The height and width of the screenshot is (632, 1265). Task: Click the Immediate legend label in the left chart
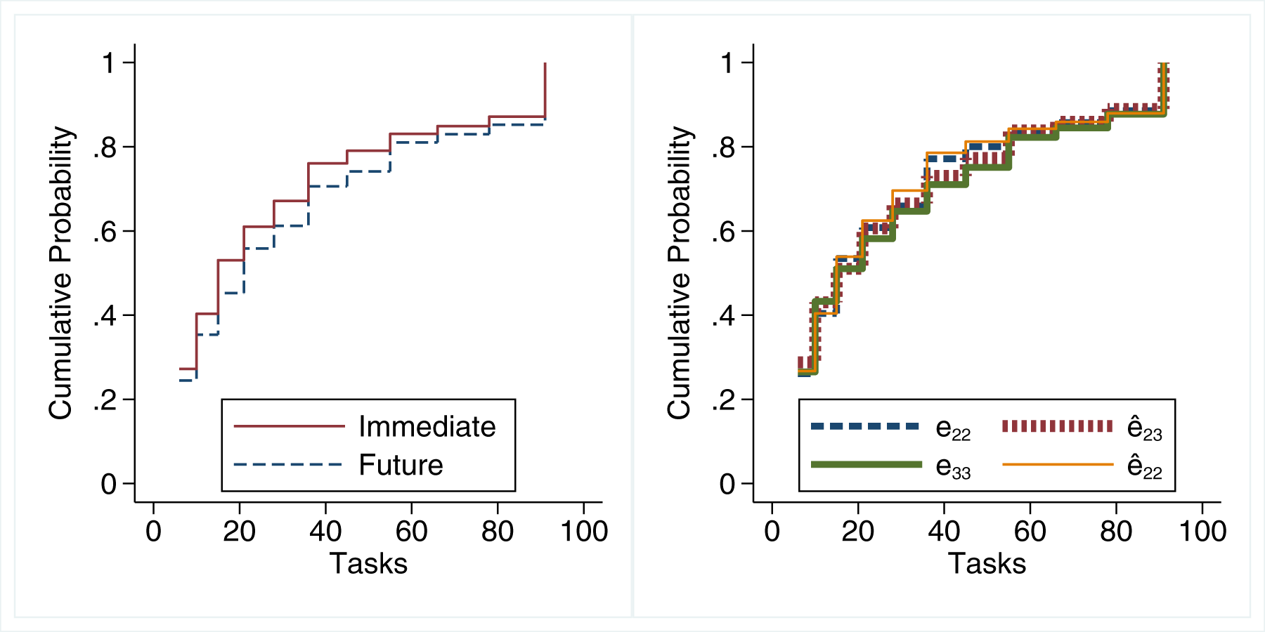pos(427,427)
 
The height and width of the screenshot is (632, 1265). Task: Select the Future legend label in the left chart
pos(401,465)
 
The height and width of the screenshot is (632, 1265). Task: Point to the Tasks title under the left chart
pos(368,563)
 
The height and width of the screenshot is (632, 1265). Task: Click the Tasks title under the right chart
pos(987,563)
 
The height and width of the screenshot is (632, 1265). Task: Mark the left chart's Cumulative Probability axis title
pos(60,273)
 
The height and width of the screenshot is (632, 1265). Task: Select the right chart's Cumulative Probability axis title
pos(679,273)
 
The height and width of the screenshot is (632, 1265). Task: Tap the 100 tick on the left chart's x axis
pos(584,531)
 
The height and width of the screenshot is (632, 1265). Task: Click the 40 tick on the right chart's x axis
pos(944,531)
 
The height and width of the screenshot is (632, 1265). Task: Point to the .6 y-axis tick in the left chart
pos(105,232)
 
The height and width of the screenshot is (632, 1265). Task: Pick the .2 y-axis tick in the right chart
pos(723,400)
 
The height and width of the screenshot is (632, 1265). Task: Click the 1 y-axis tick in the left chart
pos(109,63)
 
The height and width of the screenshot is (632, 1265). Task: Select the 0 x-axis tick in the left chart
pos(153,531)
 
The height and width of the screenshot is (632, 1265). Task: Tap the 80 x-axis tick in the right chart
pos(1116,531)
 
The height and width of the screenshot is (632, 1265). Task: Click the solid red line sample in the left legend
pos(289,426)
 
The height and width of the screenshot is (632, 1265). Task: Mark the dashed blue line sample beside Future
pos(287,464)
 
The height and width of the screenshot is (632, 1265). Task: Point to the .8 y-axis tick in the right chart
pos(723,147)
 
